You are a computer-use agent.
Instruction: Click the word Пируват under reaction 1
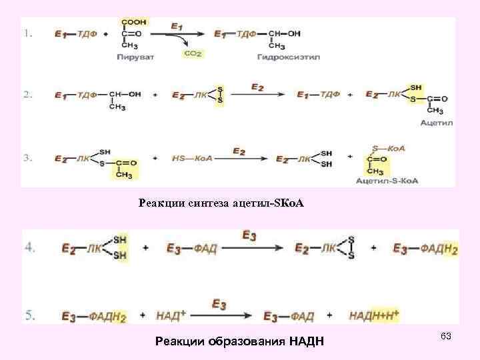point(135,57)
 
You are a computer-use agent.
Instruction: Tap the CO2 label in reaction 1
point(192,53)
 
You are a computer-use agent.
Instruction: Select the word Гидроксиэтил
point(288,57)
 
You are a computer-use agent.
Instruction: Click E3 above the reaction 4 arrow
point(249,235)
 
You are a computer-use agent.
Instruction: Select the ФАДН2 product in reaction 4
point(439,249)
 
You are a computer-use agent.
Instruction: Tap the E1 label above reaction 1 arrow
point(177,26)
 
